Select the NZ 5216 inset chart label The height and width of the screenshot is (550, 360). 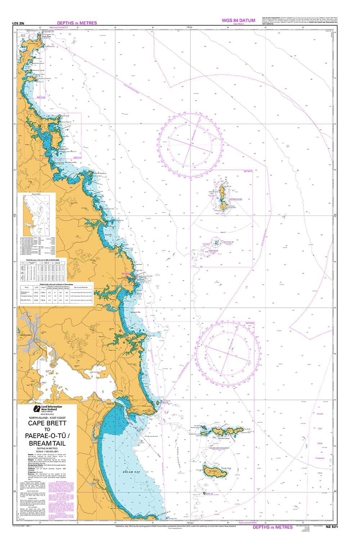point(248,171)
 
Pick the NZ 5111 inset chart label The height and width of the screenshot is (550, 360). point(77,157)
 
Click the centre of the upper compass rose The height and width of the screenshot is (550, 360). point(190,145)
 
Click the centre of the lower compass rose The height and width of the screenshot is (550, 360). point(228,353)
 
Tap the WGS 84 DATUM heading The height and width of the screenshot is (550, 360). point(239,20)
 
